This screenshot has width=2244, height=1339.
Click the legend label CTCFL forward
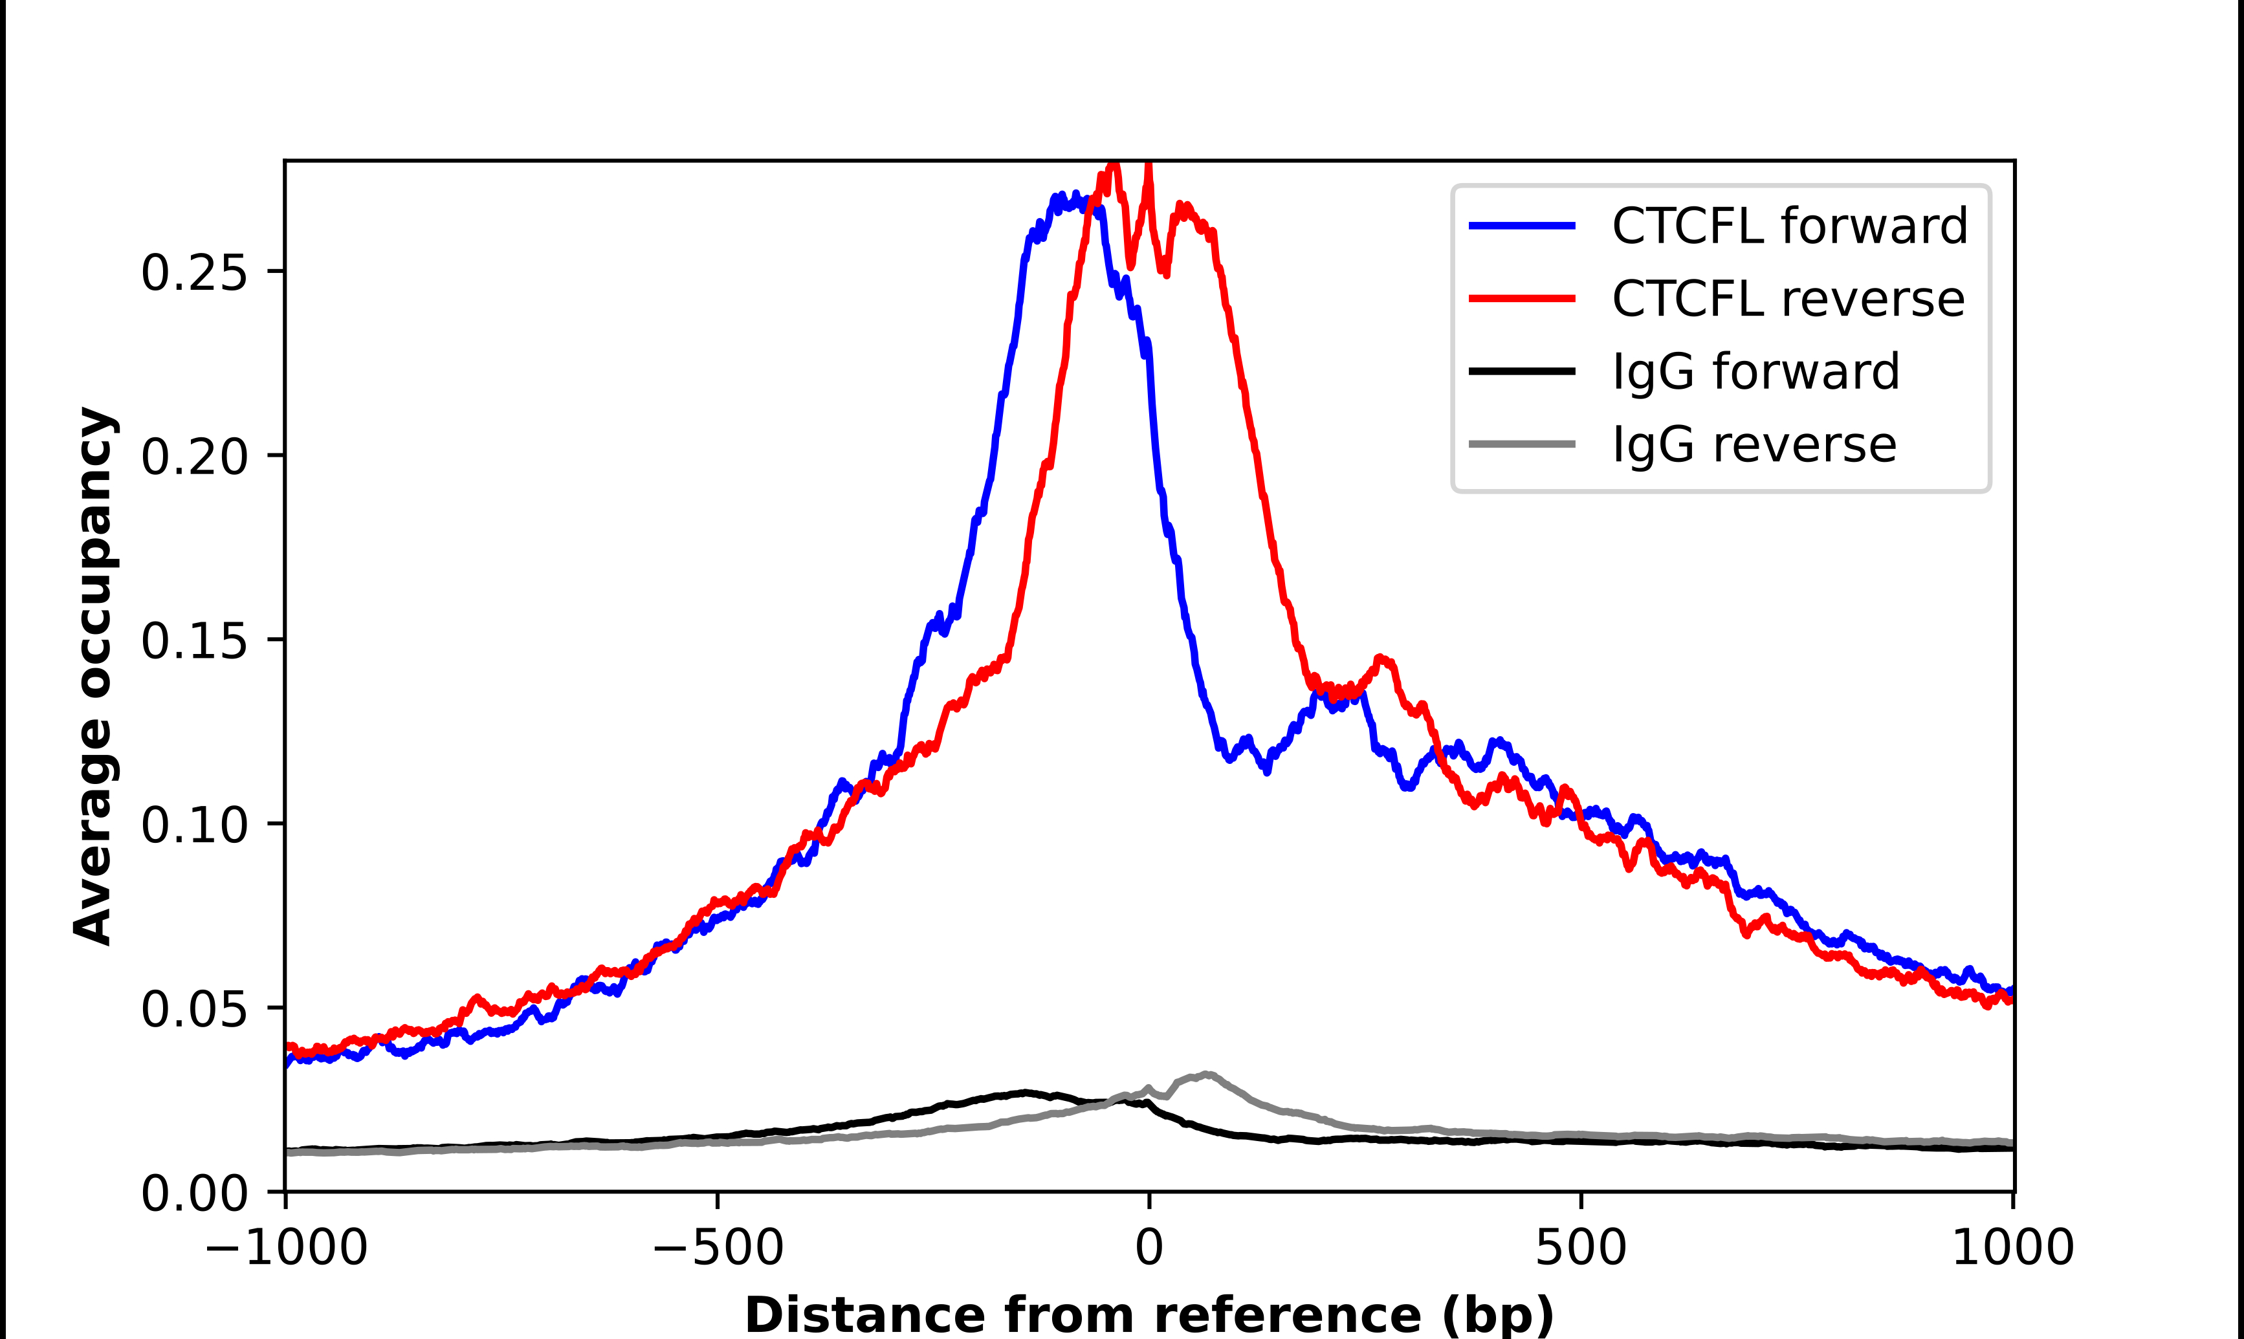click(x=1789, y=226)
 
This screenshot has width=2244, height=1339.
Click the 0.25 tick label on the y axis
click(x=194, y=272)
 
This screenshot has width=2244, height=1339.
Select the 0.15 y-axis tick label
click(x=194, y=640)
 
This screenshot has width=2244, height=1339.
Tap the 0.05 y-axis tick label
click(x=194, y=1008)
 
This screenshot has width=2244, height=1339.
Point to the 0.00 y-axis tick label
click(x=194, y=1193)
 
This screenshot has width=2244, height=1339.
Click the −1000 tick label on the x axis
click(x=286, y=1248)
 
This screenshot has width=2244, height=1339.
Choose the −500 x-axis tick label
click(x=718, y=1248)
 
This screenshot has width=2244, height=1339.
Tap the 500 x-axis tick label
click(x=1581, y=1248)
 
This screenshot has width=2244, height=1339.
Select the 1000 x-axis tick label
click(x=2013, y=1248)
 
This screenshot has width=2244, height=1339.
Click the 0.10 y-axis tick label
click(x=194, y=825)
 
